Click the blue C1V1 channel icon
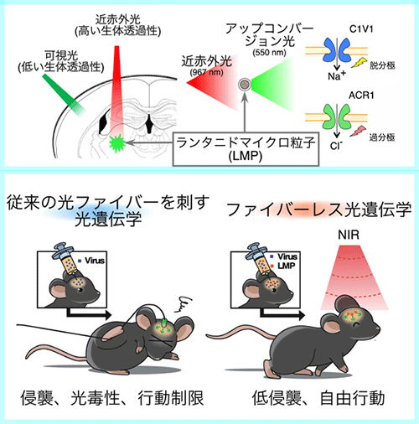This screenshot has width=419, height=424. click(337, 50)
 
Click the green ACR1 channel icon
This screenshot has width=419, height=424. click(337, 116)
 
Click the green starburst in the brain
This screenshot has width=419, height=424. click(117, 143)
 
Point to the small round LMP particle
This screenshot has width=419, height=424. click(245, 85)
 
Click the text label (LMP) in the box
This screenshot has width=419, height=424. click(246, 156)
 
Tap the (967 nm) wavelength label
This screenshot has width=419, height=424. click(207, 73)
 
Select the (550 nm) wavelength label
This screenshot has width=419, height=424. click(269, 52)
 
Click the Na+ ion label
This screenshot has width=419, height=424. click(337, 75)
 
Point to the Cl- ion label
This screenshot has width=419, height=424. click(336, 145)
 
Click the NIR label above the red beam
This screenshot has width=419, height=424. click(349, 235)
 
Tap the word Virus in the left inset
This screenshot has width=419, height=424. click(95, 261)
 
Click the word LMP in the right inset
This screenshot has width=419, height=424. click(287, 266)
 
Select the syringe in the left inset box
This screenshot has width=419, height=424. click(66, 261)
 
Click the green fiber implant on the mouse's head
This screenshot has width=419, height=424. click(165, 323)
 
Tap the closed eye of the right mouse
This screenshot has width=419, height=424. click(356, 325)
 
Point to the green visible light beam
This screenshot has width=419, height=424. click(64, 95)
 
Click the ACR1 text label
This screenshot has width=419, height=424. click(361, 96)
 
